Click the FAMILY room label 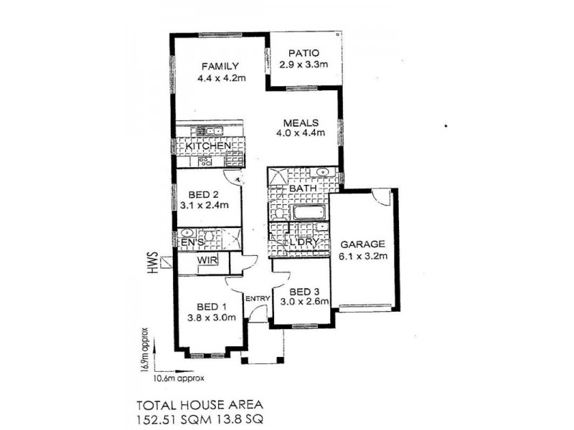[220, 66]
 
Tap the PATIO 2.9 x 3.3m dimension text [304, 64]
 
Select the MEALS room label [301, 123]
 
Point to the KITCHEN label [208, 146]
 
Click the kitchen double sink [210, 131]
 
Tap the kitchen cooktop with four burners [205, 162]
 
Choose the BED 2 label [204, 195]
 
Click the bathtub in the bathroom [309, 212]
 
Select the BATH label [303, 188]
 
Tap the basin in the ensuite [187, 233]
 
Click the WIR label [207, 260]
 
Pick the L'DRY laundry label [304, 242]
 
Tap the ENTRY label [258, 299]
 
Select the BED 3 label [304, 292]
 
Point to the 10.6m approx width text [179, 378]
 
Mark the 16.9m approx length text [144, 349]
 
